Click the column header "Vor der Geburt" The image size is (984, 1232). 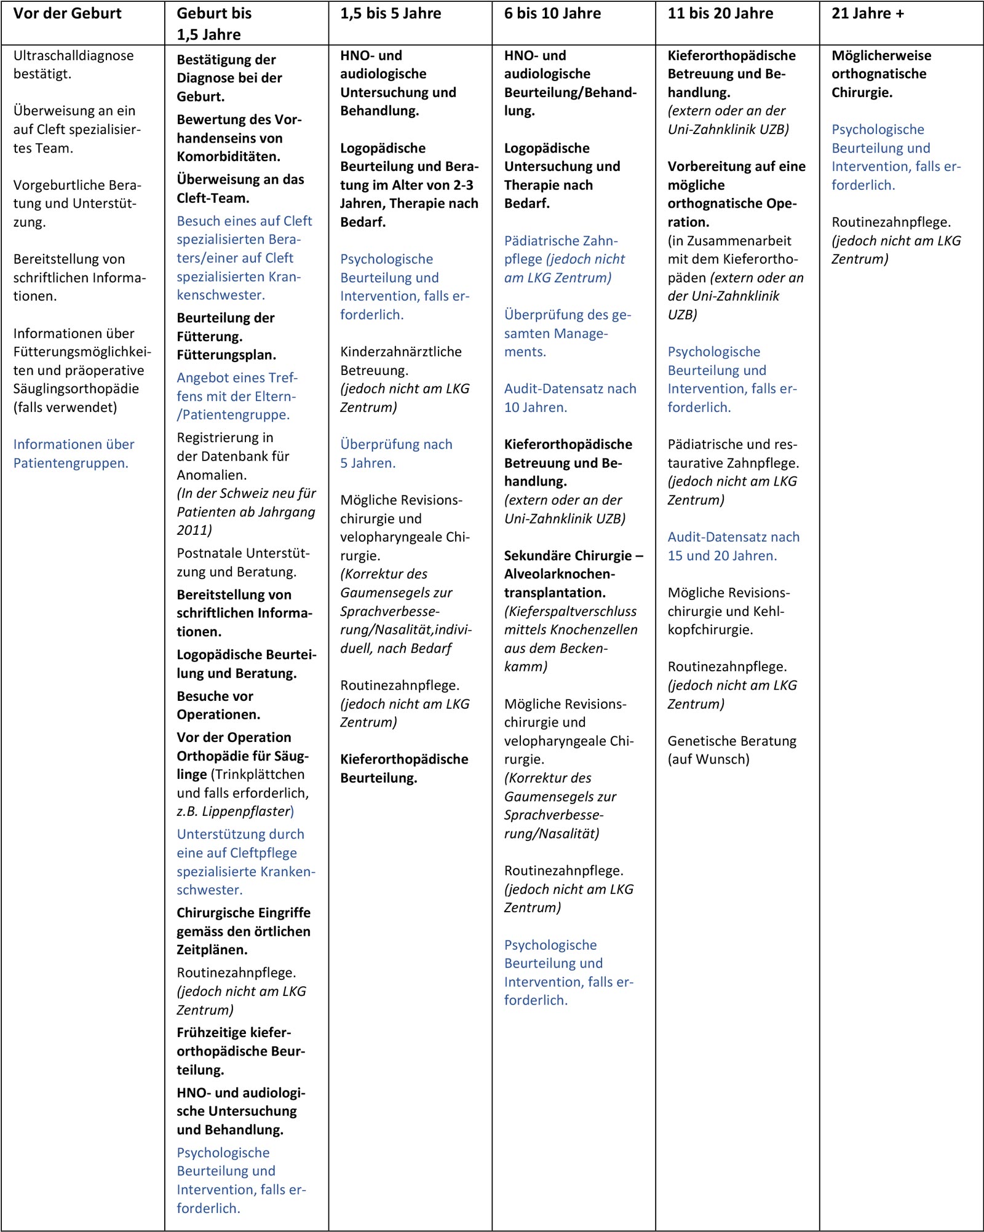(x=68, y=14)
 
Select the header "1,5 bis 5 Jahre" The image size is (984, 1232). (x=391, y=14)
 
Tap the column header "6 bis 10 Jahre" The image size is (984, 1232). (x=552, y=14)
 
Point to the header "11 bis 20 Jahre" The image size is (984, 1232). (x=720, y=14)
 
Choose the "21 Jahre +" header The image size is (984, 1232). (x=868, y=14)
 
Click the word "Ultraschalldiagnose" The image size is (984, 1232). (x=73, y=56)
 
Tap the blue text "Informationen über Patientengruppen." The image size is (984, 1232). (x=73, y=454)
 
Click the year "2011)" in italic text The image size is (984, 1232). (x=194, y=530)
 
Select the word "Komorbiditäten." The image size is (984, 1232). (x=228, y=157)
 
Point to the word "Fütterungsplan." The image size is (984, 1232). (x=226, y=355)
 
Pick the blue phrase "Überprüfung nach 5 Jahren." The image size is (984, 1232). (x=396, y=454)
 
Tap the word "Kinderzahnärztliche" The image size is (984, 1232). (x=401, y=352)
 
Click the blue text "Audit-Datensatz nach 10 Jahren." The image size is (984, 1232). (x=569, y=398)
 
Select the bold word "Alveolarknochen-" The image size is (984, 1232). (x=559, y=574)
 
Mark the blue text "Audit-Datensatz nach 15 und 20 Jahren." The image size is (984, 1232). (x=733, y=546)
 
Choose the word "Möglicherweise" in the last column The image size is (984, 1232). (x=881, y=56)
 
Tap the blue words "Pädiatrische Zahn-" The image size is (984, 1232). (x=561, y=241)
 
